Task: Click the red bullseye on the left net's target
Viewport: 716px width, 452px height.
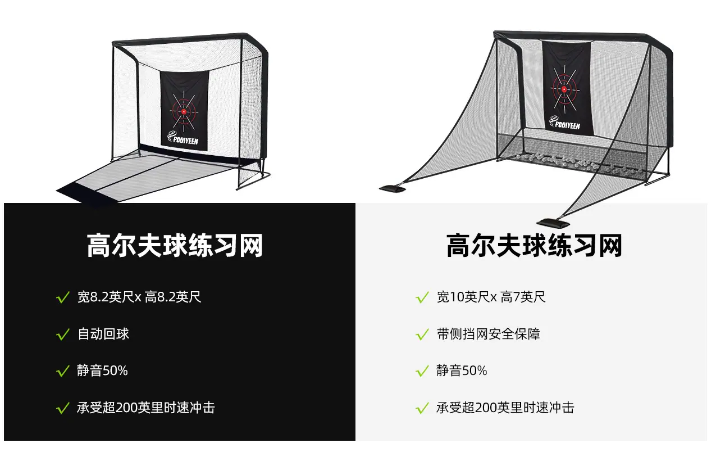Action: [184, 112]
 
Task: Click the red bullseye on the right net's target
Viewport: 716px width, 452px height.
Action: [564, 89]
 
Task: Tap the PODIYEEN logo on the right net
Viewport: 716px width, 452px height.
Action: [564, 123]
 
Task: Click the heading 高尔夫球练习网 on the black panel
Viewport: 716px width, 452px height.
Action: [175, 245]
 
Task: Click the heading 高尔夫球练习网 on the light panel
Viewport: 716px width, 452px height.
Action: [534, 245]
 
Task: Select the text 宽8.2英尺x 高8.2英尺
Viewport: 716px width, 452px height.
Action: [139, 297]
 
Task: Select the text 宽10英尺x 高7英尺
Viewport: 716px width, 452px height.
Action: [491, 297]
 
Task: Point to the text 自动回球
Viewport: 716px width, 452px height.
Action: [103, 334]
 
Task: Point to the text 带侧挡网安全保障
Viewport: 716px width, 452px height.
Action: [489, 334]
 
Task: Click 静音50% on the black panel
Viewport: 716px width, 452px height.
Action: [102, 370]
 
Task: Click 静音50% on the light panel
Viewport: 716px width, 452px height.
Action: [462, 370]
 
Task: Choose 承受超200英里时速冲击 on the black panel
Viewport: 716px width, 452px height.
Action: [146, 408]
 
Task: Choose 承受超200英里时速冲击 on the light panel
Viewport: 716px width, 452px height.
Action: [505, 408]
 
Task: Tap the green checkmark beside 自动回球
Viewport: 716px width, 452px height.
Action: [63, 335]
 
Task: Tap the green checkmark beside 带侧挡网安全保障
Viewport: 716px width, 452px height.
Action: [422, 335]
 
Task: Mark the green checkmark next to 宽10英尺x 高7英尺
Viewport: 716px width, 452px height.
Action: [422, 297]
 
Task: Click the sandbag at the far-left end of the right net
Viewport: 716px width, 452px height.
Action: [392, 188]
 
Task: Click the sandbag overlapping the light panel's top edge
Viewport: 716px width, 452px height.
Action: [553, 223]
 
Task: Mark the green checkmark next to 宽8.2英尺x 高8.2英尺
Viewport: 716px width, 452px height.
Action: [63, 297]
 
